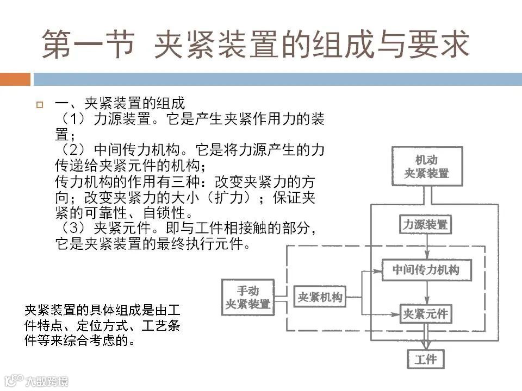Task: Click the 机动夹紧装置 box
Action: (x=427, y=167)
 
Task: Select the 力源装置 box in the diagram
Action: (x=426, y=224)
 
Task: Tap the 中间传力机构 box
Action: (x=426, y=270)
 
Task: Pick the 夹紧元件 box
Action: (x=425, y=314)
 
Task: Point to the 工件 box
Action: (x=426, y=359)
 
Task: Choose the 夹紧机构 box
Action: (x=320, y=298)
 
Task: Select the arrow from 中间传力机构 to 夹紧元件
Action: (x=427, y=292)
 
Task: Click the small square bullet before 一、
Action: (x=39, y=105)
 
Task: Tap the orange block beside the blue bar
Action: (x=15, y=79)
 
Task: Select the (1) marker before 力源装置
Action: (x=74, y=119)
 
